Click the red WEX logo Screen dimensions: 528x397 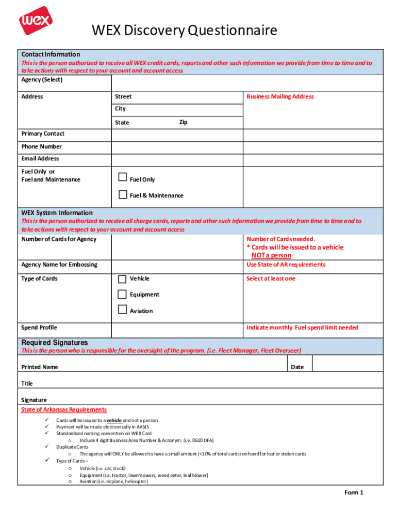[x=36, y=21]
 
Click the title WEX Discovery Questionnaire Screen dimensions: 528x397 [x=184, y=31]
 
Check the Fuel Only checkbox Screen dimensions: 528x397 [x=123, y=177]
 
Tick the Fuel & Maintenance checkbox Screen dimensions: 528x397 [x=123, y=194]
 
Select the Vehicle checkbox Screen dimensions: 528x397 [x=122, y=279]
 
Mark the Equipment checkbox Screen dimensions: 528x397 [x=122, y=294]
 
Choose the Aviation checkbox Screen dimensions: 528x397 [x=122, y=309]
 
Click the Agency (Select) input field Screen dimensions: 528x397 [x=247, y=83]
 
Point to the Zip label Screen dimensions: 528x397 [x=183, y=122]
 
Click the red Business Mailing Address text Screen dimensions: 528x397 [x=280, y=97]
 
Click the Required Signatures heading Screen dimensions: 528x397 [x=55, y=343]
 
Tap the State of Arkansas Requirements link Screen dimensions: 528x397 [x=64, y=410]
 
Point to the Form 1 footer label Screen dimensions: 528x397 [x=354, y=492]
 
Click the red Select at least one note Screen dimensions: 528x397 [x=271, y=279]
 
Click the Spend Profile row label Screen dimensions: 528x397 [x=39, y=328]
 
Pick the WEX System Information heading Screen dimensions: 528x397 [x=57, y=213]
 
